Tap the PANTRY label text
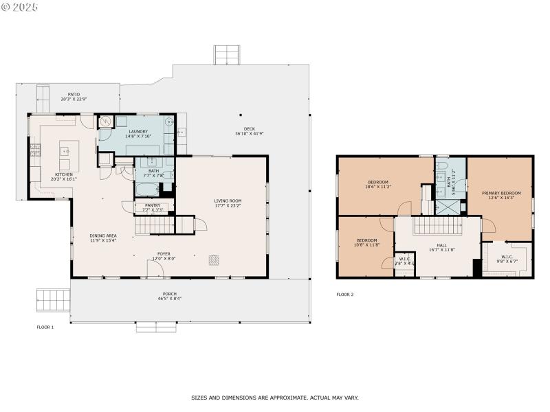[151, 205]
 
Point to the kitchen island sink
[66, 149]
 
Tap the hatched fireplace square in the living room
[214, 260]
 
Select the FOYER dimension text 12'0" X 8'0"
[164, 259]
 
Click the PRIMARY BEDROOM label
[500, 194]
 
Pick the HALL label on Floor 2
[437, 244]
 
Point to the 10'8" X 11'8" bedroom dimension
[366, 244]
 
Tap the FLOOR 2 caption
[344, 295]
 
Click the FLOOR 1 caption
[45, 328]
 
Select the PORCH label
[169, 294]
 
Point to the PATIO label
[74, 94]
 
